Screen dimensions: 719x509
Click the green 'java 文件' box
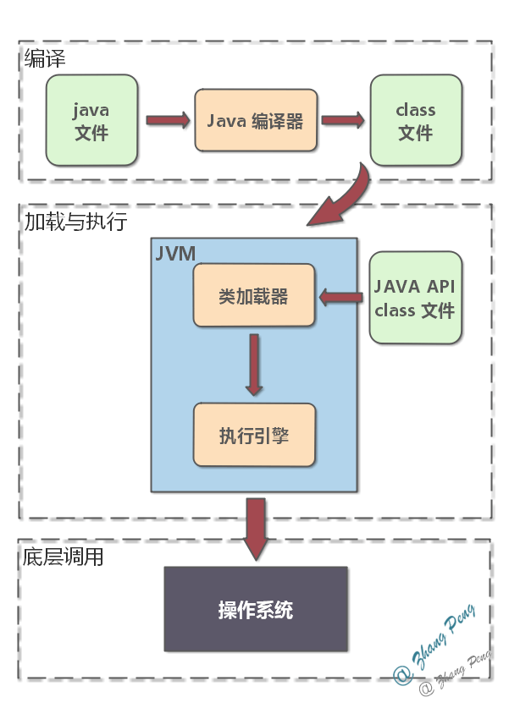(x=91, y=120)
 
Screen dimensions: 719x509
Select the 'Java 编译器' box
(x=255, y=120)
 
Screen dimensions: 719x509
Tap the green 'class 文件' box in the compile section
(x=416, y=120)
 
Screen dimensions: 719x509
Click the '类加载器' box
(x=254, y=296)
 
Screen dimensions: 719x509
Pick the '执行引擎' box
(x=254, y=435)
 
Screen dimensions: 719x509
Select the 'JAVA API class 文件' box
(x=416, y=297)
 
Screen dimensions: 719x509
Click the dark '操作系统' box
(x=256, y=609)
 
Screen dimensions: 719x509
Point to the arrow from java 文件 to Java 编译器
(x=168, y=120)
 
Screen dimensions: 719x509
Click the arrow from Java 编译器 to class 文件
(x=342, y=120)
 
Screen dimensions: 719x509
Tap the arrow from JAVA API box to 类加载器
(x=342, y=296)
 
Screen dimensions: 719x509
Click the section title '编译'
(x=45, y=58)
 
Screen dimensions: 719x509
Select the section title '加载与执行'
(x=75, y=222)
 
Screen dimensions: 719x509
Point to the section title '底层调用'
(x=64, y=557)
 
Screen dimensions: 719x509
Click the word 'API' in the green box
(x=439, y=286)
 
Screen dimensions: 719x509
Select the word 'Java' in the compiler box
(x=226, y=120)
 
